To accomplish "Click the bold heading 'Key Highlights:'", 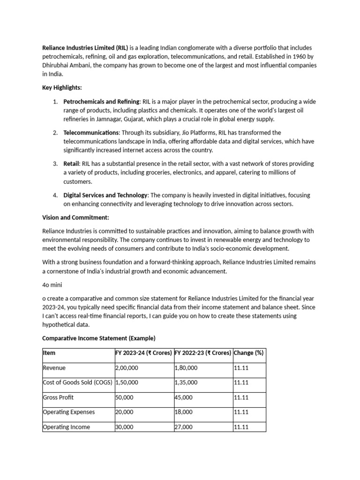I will coord(62,88).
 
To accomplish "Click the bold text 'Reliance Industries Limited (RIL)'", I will coord(85,48).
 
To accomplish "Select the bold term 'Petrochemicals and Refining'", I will coord(101,102).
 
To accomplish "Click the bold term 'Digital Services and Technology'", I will coord(105,195).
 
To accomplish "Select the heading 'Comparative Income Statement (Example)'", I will coord(98,338).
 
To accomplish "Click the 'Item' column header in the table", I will coord(49,353).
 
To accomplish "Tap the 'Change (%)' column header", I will coord(248,353).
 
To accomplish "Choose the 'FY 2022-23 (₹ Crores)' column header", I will coord(202,353).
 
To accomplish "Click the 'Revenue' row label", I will coord(54,368).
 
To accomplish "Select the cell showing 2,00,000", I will coord(127,368).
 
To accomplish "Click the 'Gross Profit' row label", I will coord(58,397).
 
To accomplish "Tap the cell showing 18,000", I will coord(184,412).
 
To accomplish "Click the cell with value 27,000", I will coord(184,427).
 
